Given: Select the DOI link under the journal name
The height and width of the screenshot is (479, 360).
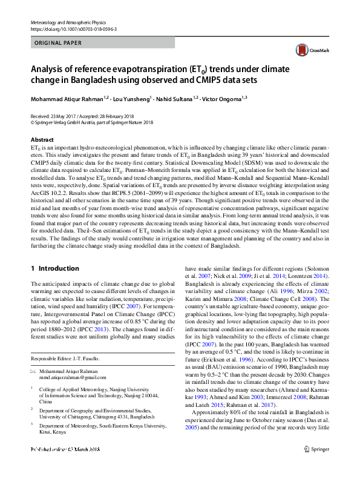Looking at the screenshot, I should click(73, 28).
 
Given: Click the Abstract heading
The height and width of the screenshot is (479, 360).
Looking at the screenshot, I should click(42, 139).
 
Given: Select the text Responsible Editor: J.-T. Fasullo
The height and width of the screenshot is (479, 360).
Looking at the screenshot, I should click(65, 359).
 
